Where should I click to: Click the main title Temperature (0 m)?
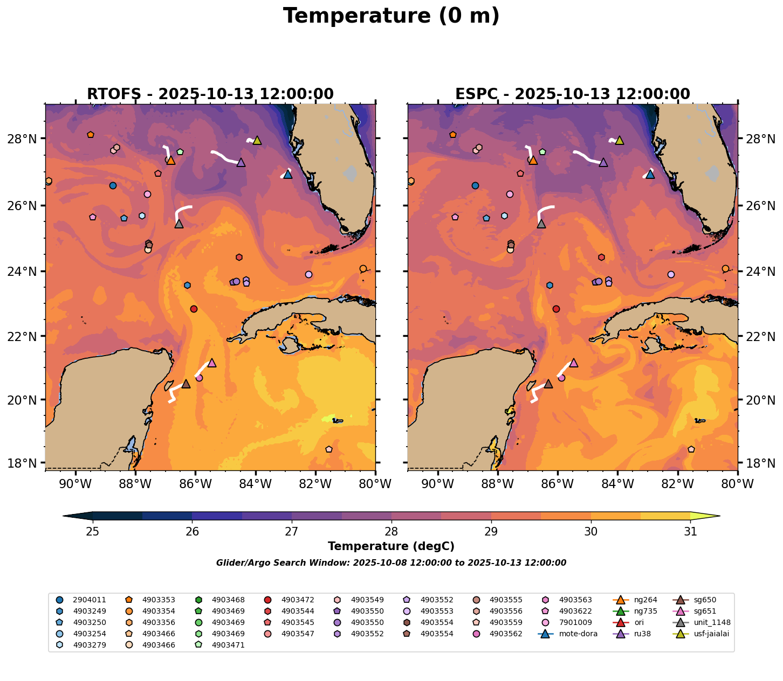[x=391, y=16]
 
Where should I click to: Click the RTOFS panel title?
[x=210, y=94]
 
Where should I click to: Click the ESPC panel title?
[x=573, y=94]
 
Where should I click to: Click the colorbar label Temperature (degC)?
[x=391, y=546]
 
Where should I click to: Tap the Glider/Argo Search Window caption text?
[x=391, y=563]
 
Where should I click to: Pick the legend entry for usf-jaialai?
[x=711, y=634]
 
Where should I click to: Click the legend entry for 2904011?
[x=89, y=600]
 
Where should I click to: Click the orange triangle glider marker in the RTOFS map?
[x=170, y=160]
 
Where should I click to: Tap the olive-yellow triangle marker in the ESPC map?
[x=620, y=141]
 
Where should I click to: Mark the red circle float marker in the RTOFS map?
[x=194, y=309]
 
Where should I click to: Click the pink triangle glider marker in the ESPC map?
[x=574, y=363]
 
